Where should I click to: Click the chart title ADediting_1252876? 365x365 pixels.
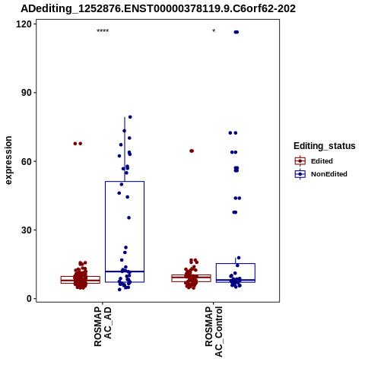158,9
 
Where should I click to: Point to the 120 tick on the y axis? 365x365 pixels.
24,24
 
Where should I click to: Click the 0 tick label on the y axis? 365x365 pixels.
30,299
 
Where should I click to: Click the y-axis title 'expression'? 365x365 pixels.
8,160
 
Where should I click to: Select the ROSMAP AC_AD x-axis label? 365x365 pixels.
103,327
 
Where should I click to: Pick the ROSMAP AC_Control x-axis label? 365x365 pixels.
214,332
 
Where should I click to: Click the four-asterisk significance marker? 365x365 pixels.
103,31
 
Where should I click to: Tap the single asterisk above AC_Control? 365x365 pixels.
214,31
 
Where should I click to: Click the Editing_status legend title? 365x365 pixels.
325,146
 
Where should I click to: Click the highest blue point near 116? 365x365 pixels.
236,32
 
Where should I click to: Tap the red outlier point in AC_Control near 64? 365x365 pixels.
192,151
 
